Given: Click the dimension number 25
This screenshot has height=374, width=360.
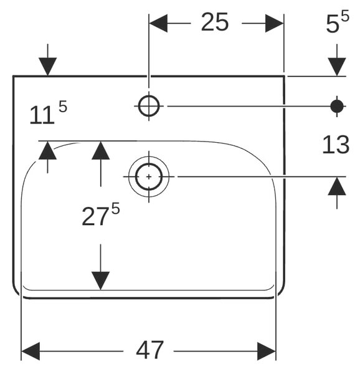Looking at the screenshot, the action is [215, 22].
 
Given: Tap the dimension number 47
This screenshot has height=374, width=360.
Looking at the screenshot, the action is [149, 350].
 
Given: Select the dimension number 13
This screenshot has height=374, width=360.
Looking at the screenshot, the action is [336, 145].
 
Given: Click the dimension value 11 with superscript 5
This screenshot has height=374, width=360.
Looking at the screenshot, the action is [48, 112].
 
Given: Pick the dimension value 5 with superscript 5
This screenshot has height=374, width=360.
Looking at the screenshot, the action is [338, 21].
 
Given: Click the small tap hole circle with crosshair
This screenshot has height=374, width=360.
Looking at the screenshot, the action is [149, 106].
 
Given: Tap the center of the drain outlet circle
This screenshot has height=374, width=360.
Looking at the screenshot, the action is [149, 177].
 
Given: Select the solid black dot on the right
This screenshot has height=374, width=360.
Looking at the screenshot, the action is [337, 106].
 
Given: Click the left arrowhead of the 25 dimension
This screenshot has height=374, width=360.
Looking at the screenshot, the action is [158, 23].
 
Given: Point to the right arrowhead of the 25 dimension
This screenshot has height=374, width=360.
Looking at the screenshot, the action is [275, 23].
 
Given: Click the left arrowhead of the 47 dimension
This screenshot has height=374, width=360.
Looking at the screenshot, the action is [31, 351].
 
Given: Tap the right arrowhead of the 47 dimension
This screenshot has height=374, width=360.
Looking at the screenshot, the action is [267, 351].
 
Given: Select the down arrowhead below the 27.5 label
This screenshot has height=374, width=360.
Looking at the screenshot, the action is [100, 280].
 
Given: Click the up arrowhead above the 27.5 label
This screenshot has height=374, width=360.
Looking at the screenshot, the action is [100, 150].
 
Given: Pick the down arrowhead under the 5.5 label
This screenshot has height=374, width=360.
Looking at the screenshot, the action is [337, 67].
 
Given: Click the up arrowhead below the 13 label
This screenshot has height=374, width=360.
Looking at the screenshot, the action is [337, 186].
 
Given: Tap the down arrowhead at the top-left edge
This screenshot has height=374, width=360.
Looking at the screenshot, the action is [48, 67].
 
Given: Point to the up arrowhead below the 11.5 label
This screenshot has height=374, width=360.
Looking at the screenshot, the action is [48, 150].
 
